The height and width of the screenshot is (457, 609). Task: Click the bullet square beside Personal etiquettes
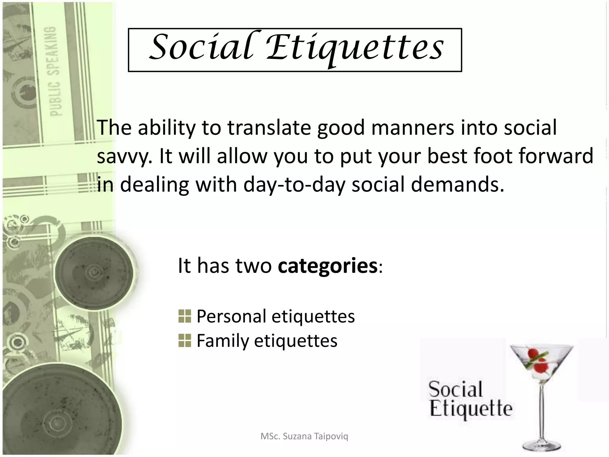point(185,316)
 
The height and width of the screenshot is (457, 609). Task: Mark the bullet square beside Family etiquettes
point(185,341)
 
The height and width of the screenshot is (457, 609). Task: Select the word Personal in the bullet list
point(231,316)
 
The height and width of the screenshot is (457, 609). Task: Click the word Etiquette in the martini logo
point(471,409)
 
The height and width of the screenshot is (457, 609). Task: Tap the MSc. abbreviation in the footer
point(270,436)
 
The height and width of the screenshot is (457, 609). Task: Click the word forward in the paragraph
point(556,156)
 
